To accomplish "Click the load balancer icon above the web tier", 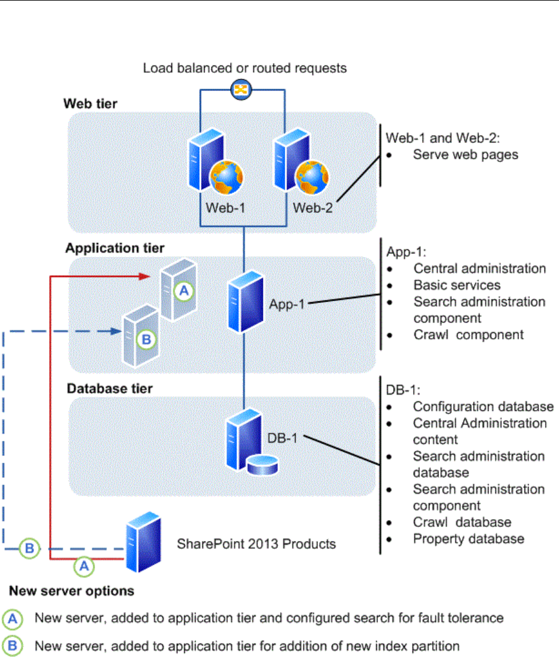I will pyautogui.click(x=242, y=91).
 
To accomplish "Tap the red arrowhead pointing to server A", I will pyautogui.click(x=146, y=276).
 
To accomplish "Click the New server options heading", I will pyautogui.click(x=71, y=590).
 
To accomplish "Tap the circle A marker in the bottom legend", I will pyautogui.click(x=12, y=618).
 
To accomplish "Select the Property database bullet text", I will pyautogui.click(x=468, y=538).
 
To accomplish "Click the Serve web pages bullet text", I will pyautogui.click(x=465, y=154).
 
